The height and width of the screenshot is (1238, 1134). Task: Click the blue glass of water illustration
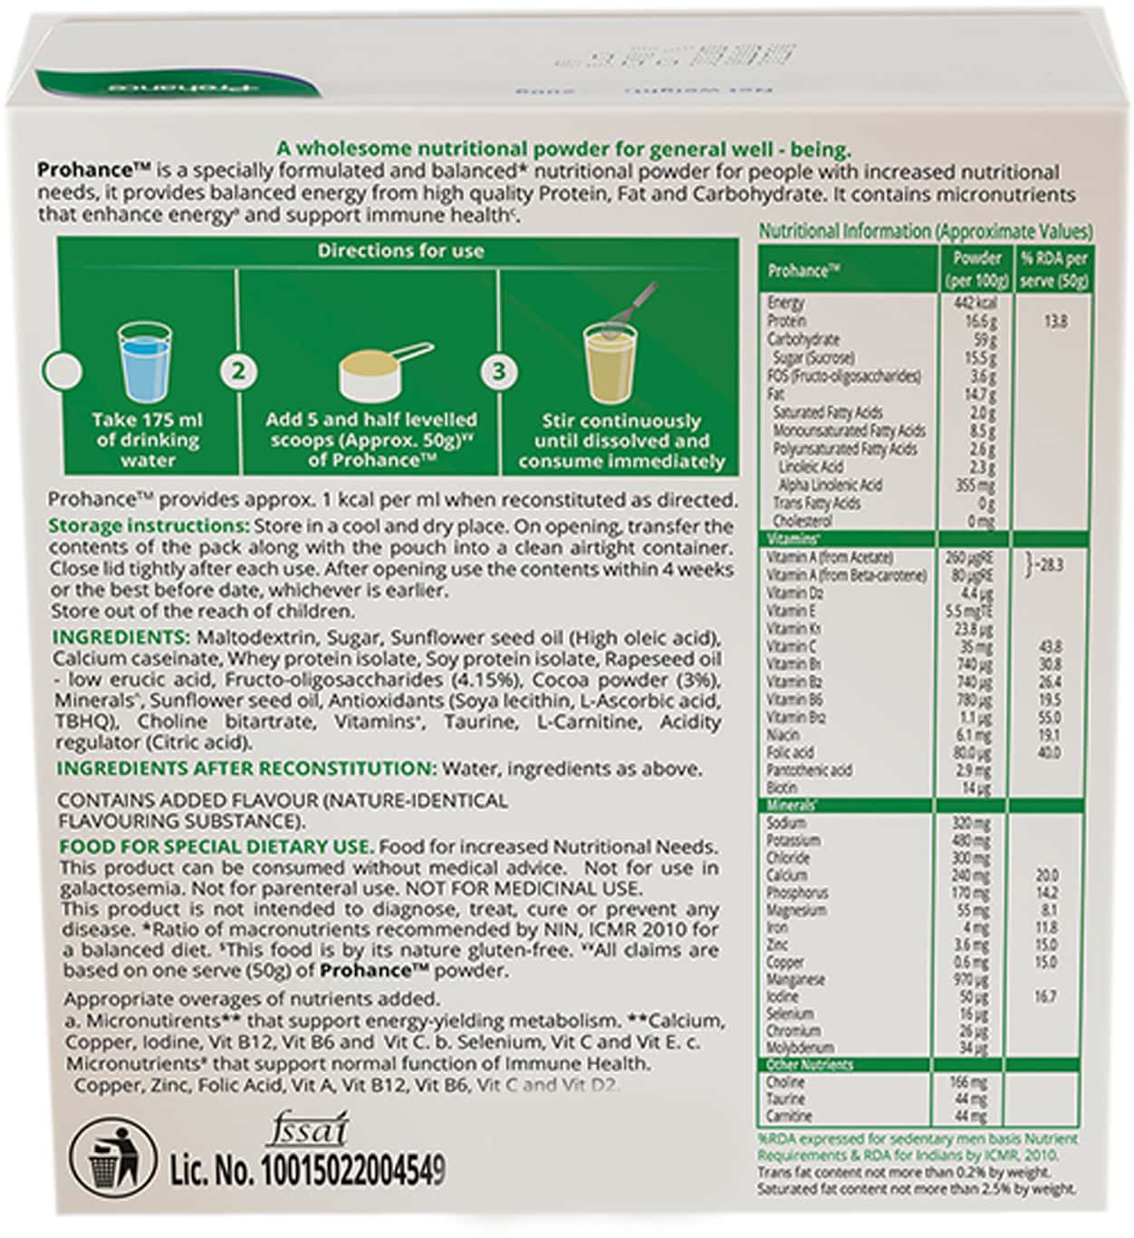pos(145,365)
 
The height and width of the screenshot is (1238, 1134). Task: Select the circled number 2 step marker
pos(239,370)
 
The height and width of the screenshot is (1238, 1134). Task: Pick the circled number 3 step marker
pos(499,370)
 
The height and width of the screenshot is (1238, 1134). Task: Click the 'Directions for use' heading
pos(400,251)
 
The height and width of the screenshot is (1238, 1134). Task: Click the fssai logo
pos(307,1130)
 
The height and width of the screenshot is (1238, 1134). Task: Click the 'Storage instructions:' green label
pos(149,526)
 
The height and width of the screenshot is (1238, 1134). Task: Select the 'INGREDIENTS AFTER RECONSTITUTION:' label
pos(247,769)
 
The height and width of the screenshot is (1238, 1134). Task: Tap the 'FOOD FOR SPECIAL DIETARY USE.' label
pos(216,847)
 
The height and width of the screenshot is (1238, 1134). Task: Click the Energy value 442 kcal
pos(975,303)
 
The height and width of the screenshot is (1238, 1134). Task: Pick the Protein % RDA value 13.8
pos(1054,321)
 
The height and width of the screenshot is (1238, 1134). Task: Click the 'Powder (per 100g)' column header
pos(976,269)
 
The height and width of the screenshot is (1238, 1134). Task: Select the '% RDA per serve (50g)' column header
pos(1053,269)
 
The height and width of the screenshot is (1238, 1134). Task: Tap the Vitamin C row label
pos(791,647)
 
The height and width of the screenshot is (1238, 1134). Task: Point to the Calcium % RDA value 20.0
pos(1047,876)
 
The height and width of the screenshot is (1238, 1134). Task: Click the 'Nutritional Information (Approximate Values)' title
pos(925,232)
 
